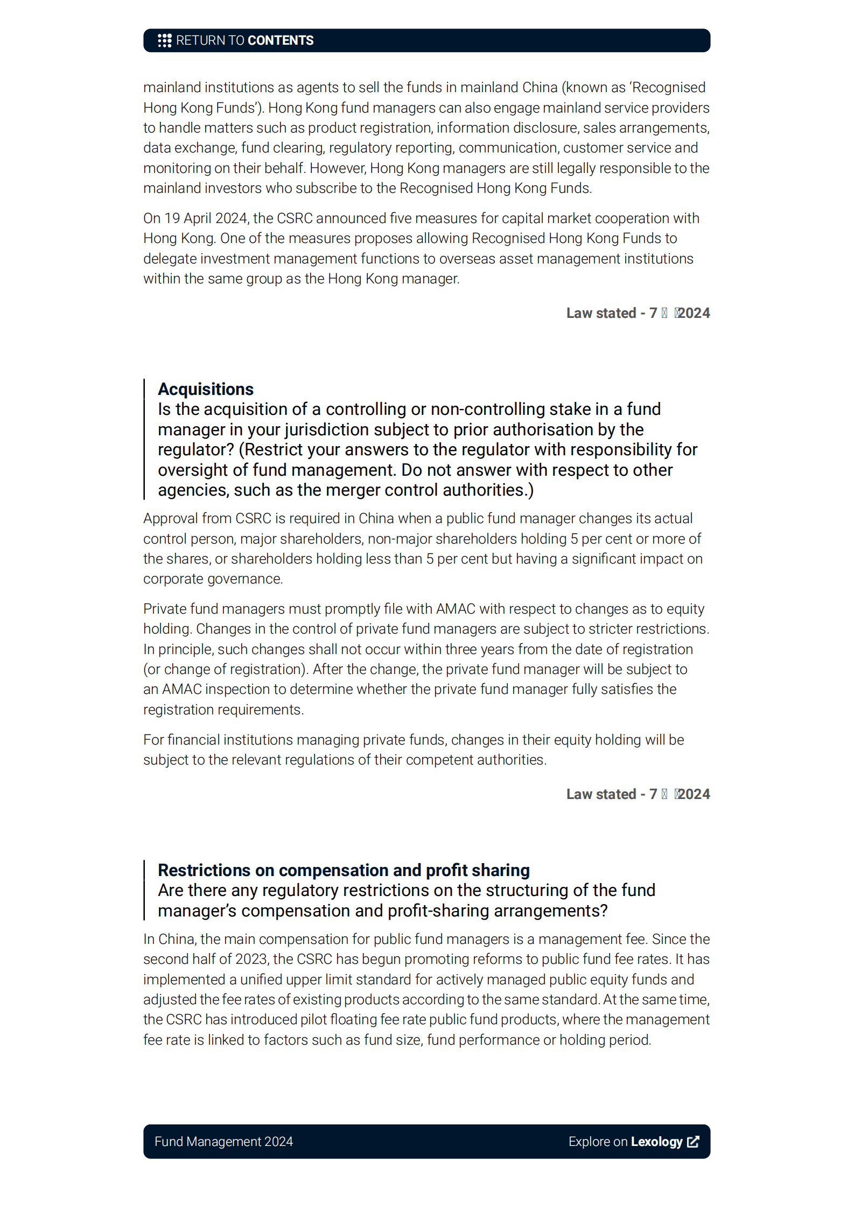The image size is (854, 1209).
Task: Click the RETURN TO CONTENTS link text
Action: pyautogui.click(x=244, y=40)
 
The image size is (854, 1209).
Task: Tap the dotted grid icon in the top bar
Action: pyautogui.click(x=164, y=40)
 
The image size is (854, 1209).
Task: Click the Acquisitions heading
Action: pyautogui.click(x=206, y=389)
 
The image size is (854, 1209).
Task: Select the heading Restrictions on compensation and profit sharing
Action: pyautogui.click(x=344, y=870)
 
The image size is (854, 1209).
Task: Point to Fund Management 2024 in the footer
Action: pyautogui.click(x=223, y=1141)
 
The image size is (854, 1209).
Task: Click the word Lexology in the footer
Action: pyautogui.click(x=656, y=1141)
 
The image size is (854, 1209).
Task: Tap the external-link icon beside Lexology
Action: pyautogui.click(x=694, y=1141)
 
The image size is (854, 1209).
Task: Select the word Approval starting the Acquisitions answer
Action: pyautogui.click(x=170, y=518)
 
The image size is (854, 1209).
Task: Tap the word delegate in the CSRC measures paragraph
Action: pyautogui.click(x=170, y=259)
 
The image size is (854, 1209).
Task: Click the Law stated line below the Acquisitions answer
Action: pyautogui.click(x=638, y=794)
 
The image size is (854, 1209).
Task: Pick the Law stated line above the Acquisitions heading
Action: pyautogui.click(x=638, y=313)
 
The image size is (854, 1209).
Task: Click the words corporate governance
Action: pyautogui.click(x=212, y=579)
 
